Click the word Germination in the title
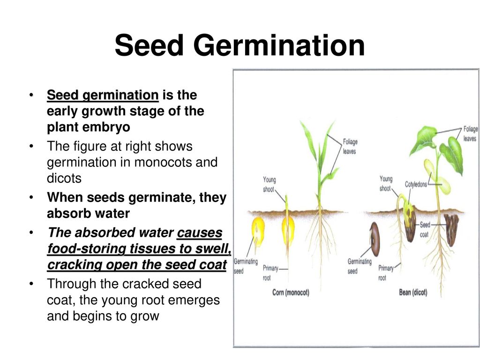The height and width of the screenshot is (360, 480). click(279, 45)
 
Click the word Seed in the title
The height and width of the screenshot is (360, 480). click(149, 45)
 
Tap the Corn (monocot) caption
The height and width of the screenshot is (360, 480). click(291, 292)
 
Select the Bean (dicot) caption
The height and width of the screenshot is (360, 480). click(413, 292)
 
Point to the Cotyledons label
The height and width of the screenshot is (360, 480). click(416, 184)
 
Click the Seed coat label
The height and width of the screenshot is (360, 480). click(425, 230)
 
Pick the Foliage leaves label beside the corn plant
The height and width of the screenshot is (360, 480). click(350, 146)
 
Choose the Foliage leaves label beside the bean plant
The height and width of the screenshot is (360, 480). click(470, 134)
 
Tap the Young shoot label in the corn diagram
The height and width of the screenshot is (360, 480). click(269, 184)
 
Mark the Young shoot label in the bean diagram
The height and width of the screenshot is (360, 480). click(386, 183)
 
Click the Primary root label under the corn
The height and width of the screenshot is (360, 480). click(270, 273)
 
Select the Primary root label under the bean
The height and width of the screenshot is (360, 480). click(386, 273)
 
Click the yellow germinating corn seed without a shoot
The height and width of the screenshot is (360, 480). click(258, 231)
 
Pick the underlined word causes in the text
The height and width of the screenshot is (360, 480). click(200, 232)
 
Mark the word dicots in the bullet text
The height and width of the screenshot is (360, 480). click(64, 178)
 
